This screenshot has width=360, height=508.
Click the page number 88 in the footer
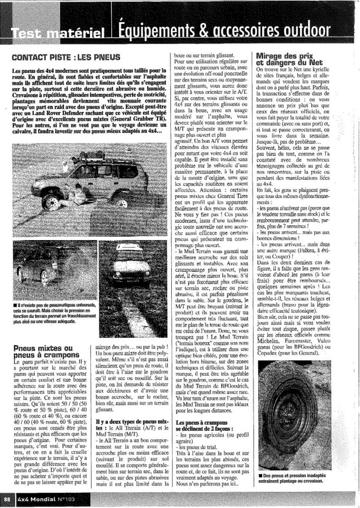click(x=7, y=498)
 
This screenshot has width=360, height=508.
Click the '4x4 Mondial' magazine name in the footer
click(x=33, y=498)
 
